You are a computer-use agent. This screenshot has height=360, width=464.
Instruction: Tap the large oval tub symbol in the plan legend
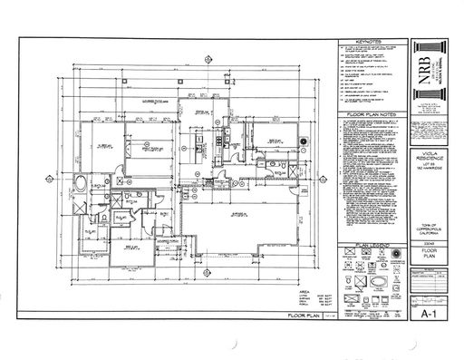click(380, 281)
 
